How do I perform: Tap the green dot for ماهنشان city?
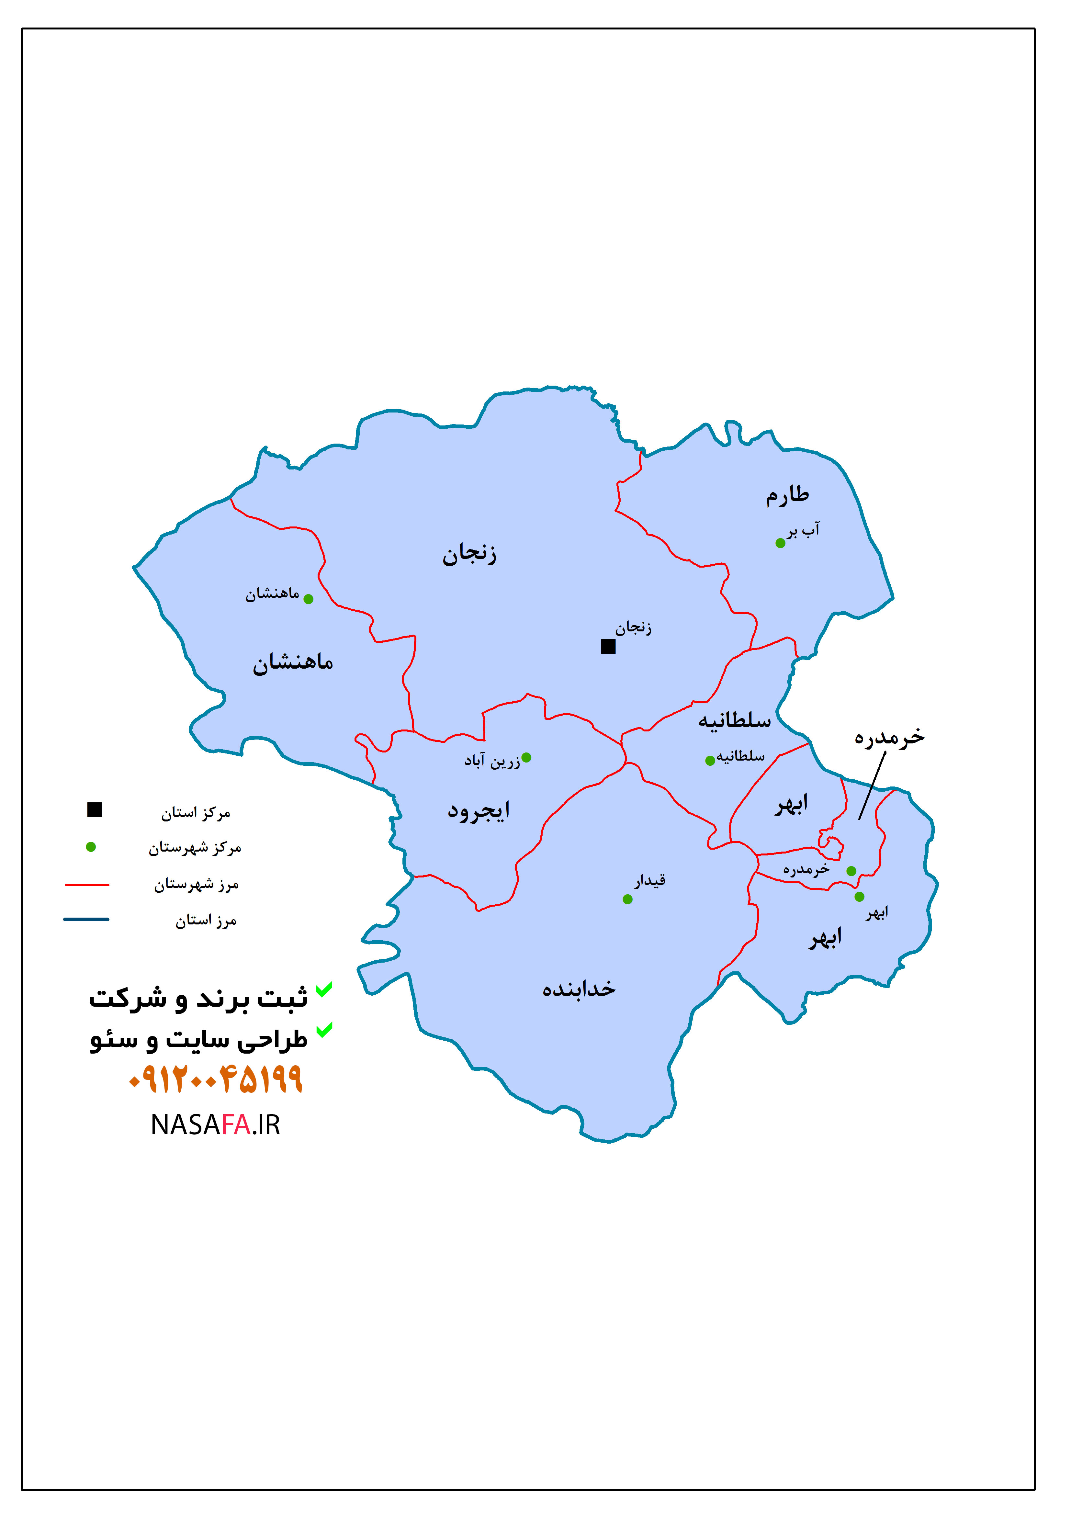[x=308, y=599]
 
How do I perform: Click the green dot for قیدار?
[x=627, y=899]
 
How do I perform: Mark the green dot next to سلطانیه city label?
[x=710, y=761]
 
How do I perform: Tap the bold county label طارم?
[x=787, y=495]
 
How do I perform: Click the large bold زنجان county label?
[x=469, y=553]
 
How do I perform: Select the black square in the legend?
[x=94, y=809]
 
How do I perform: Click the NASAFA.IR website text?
[x=215, y=1125]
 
